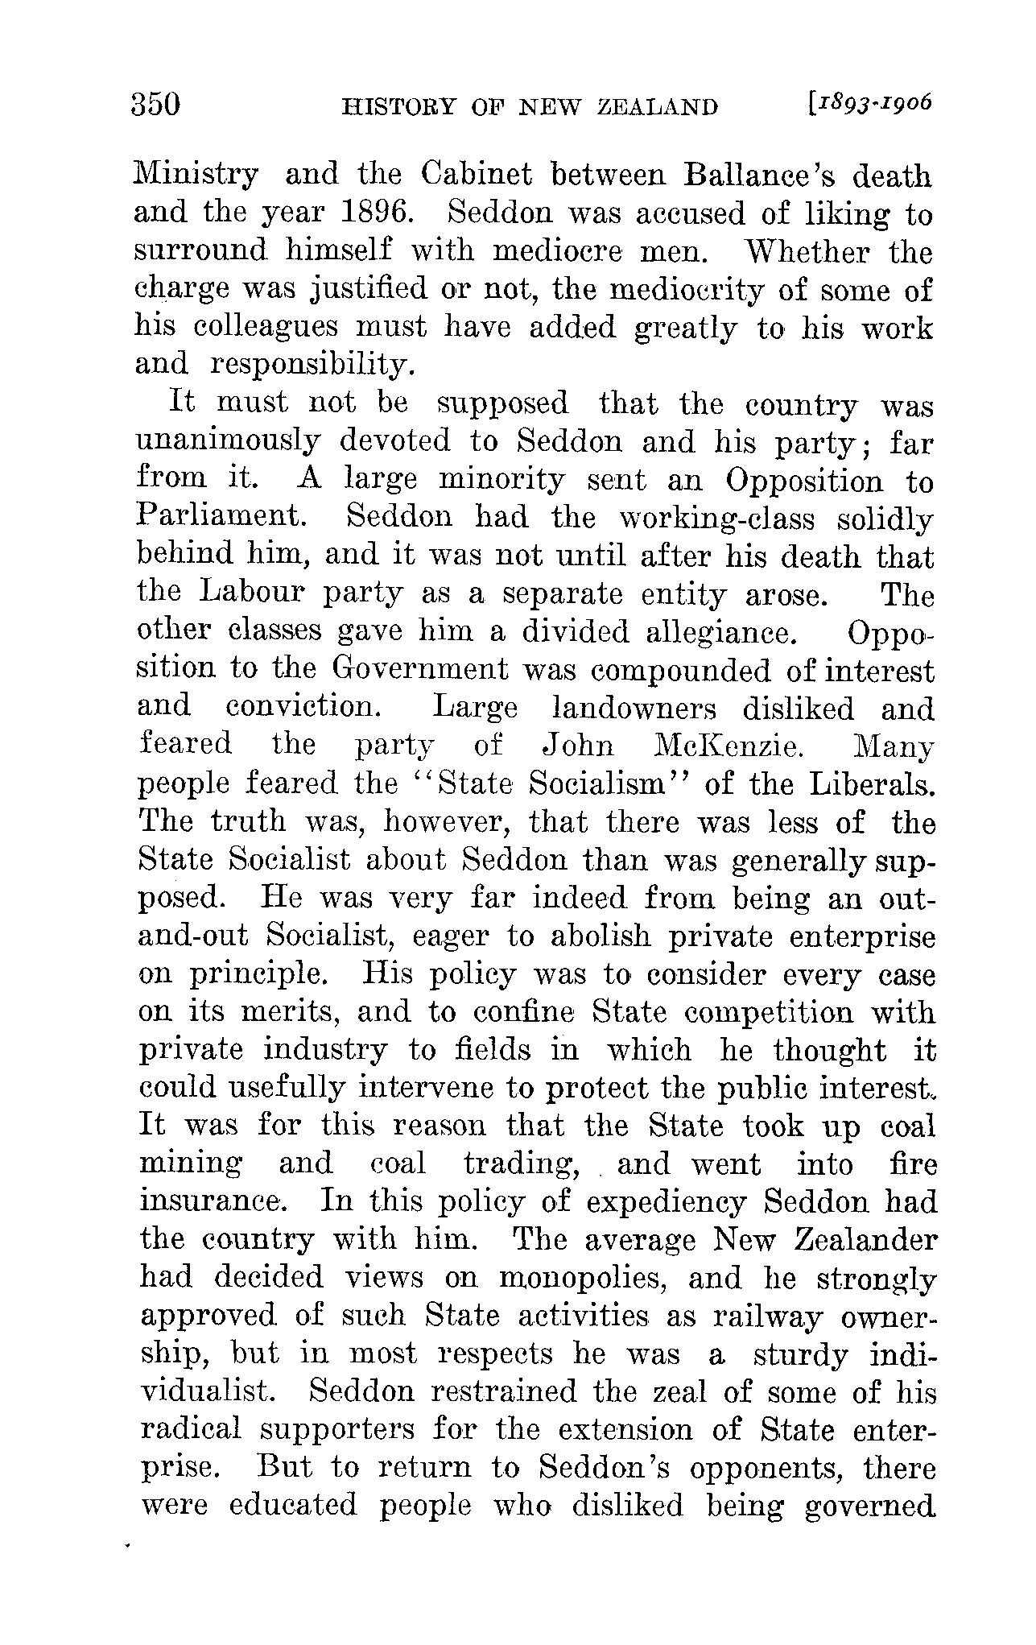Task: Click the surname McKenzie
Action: [x=725, y=746]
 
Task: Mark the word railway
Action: [x=767, y=1318]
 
